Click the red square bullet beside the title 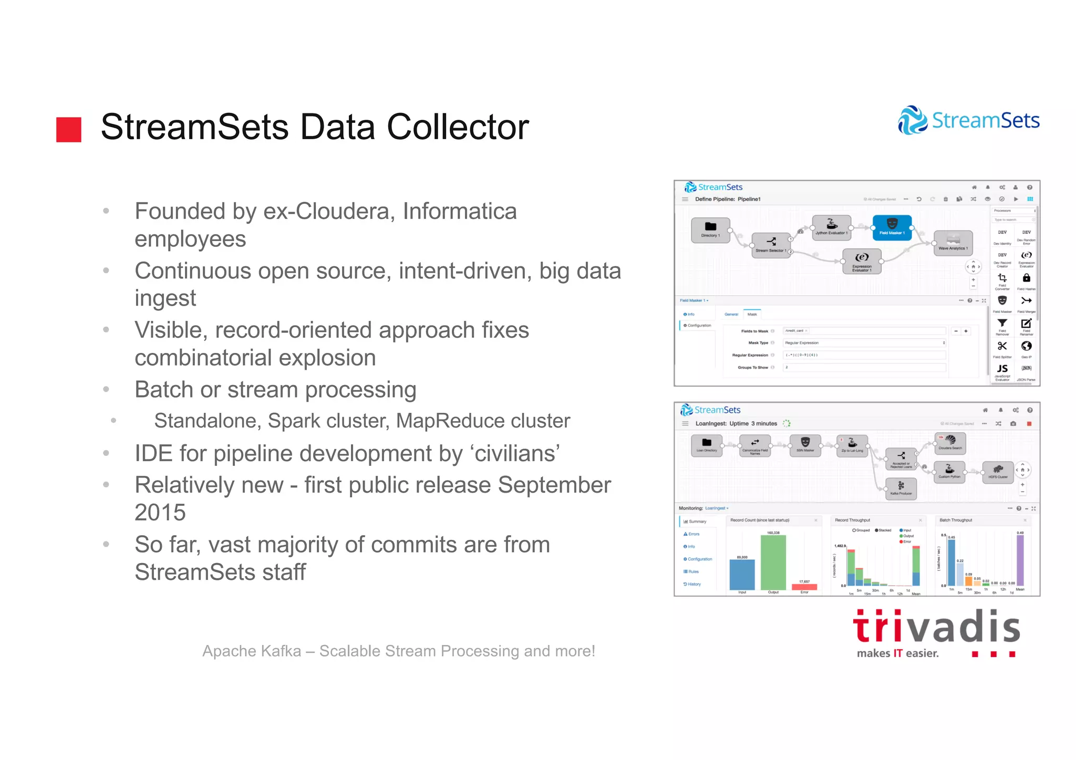pos(69,129)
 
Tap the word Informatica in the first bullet pos(460,211)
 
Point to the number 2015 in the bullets pos(160,513)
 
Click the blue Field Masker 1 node pos(892,227)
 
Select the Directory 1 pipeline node pos(710,230)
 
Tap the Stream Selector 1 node pos(771,245)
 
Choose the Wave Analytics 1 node pos(953,243)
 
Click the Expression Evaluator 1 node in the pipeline pos(862,261)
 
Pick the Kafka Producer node pos(901,488)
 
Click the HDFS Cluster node pos(998,471)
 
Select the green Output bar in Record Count pos(773,562)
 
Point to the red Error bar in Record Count pos(804,587)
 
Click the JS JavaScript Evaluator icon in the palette pos(1002,370)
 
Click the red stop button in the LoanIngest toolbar pos(1029,424)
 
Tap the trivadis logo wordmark pos(936,628)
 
